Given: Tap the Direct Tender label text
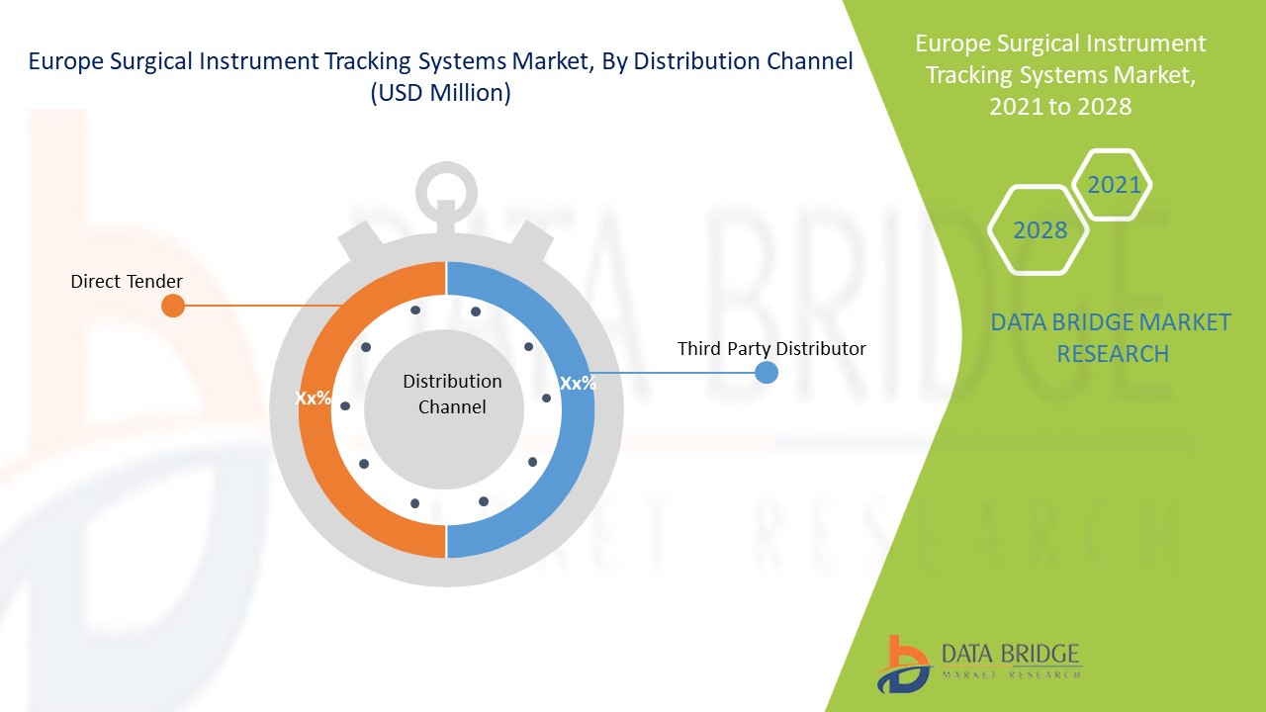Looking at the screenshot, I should coord(127,282).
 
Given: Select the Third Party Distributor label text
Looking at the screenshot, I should coord(771,349).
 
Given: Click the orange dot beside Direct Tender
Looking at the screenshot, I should coord(173,306).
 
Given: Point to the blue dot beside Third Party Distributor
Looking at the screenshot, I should coord(767,373).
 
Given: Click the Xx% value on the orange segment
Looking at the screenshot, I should coord(313,399).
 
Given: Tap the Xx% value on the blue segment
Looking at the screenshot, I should coord(578,384).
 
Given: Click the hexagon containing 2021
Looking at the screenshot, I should coord(1114,185).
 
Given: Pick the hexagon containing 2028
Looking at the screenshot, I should coord(1040,230).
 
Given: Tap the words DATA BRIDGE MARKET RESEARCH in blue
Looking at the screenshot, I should coord(1112,337).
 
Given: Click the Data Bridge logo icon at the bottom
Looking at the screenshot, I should coord(902,664).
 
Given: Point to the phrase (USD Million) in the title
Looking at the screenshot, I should coord(440,94).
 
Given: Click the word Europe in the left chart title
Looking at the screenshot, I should coord(60,61).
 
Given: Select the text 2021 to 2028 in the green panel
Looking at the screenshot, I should coord(1060,107).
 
